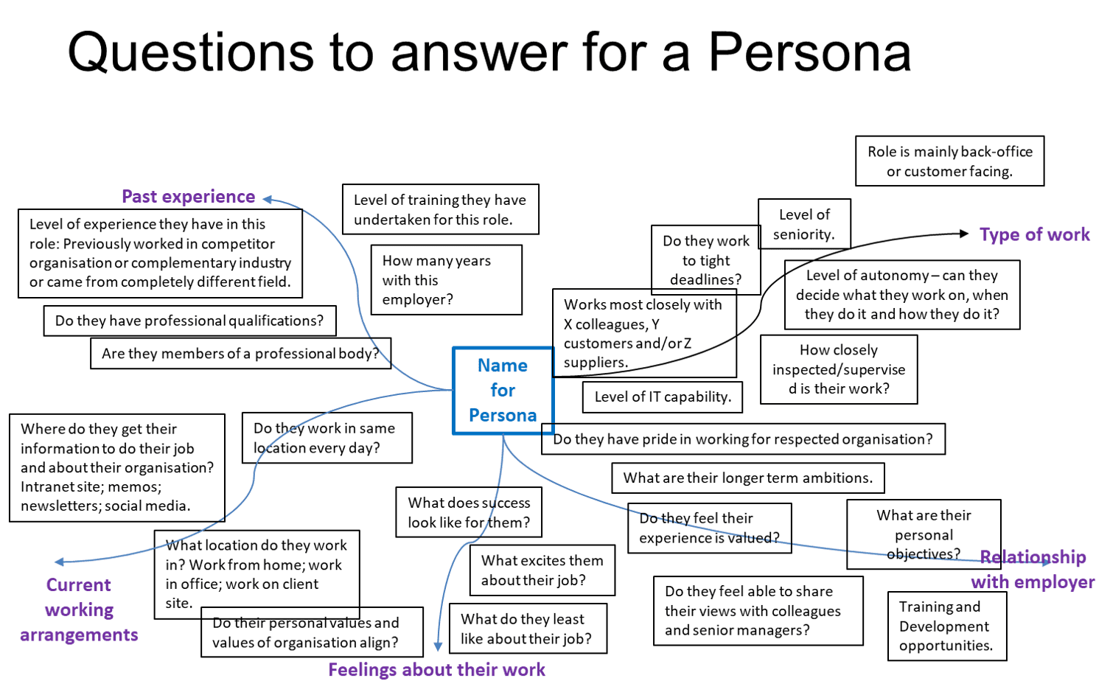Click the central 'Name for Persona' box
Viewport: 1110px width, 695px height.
(502, 391)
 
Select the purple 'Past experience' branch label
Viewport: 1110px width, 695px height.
(188, 197)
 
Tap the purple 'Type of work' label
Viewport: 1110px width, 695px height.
(1035, 235)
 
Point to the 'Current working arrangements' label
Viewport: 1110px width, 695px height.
(79, 610)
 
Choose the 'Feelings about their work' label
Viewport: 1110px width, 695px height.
(436, 670)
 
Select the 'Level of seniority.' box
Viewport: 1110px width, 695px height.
(804, 224)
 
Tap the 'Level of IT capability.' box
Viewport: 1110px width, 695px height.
(662, 397)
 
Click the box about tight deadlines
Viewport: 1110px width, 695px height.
(705, 260)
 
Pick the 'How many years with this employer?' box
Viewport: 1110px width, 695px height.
(446, 280)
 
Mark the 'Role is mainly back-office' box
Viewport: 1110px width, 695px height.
(949, 161)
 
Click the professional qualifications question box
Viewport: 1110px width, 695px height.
(189, 321)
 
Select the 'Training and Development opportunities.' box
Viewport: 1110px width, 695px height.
(946, 626)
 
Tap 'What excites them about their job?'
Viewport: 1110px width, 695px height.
(542, 570)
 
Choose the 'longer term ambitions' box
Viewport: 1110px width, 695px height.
(747, 478)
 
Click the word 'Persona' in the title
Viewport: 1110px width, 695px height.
(809, 53)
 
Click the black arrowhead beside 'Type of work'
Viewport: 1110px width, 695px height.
(963, 234)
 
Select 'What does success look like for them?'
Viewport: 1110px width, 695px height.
(469, 512)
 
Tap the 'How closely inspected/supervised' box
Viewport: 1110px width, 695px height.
(838, 369)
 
